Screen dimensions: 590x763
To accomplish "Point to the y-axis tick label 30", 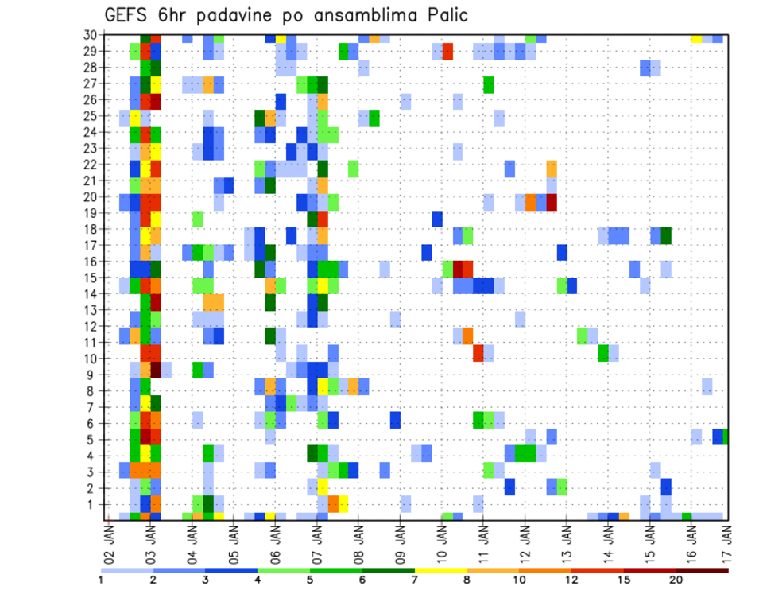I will [92, 35].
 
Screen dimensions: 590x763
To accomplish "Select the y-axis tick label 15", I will [92, 278].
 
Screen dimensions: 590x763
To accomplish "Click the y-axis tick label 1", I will [95, 504].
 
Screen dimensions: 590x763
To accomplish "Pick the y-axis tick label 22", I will [92, 165].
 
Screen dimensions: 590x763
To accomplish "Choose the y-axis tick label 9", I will [95, 375].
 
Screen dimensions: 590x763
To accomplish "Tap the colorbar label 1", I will [101, 580].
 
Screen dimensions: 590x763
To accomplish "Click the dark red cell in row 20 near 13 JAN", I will [552, 202].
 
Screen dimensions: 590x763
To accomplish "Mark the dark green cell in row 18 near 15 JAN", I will [666, 235].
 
